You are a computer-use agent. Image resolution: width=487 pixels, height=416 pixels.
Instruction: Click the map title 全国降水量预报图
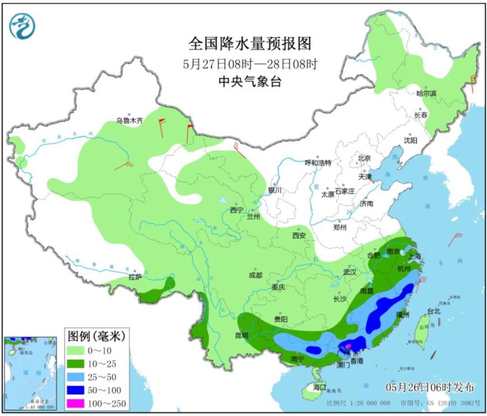250,44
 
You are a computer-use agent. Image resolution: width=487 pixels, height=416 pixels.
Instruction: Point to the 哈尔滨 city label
426,93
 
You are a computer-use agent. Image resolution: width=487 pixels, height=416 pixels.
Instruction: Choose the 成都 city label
255,275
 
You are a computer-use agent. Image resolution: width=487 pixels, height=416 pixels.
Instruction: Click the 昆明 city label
241,335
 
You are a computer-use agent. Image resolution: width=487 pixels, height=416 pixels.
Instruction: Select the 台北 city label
433,311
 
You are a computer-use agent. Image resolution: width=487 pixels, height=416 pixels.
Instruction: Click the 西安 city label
299,235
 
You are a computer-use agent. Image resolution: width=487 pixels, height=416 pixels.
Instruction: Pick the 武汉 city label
349,272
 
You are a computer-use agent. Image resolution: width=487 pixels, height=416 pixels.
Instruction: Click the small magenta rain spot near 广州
348,346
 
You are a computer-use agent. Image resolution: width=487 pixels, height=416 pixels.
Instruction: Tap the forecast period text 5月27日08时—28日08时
250,64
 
